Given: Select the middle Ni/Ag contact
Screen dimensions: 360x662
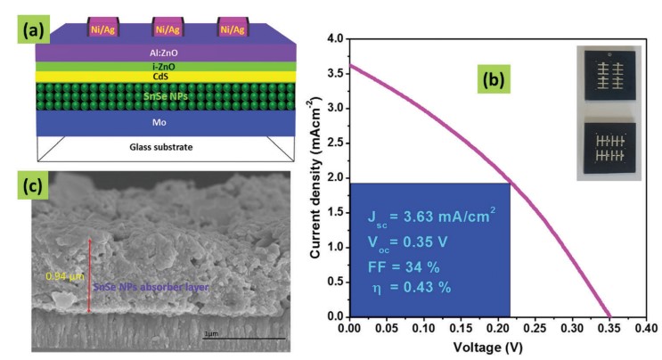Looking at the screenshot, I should [x=167, y=29].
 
